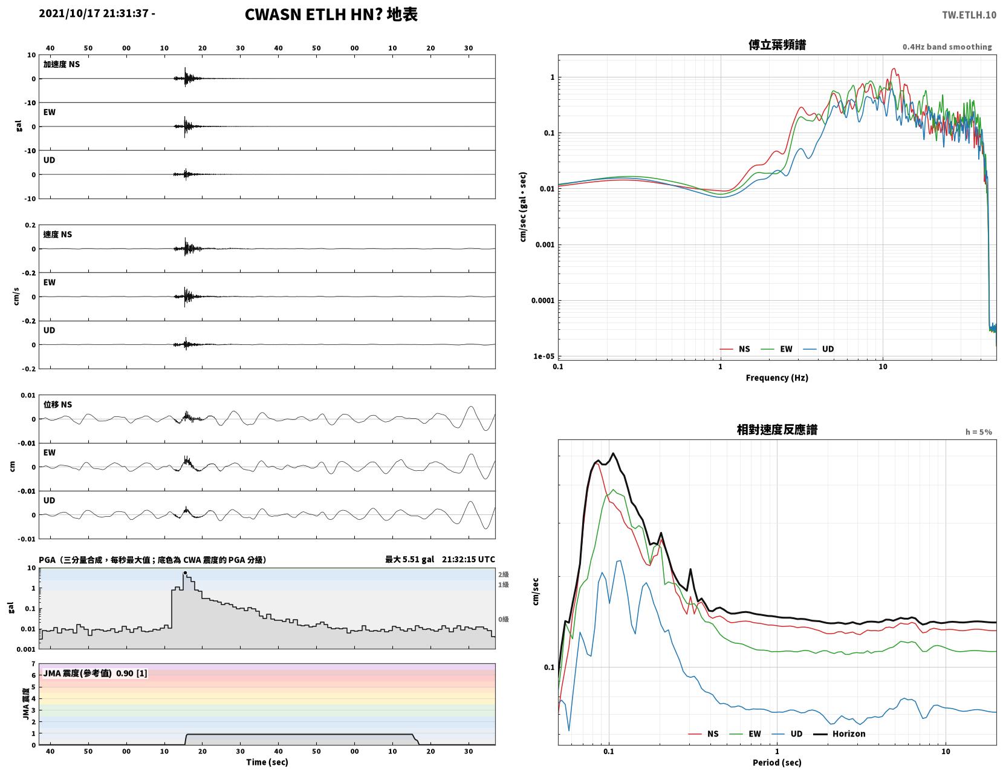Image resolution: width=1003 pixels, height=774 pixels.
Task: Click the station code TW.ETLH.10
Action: tap(969, 15)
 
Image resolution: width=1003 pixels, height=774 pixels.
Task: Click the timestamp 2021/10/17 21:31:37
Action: tap(94, 13)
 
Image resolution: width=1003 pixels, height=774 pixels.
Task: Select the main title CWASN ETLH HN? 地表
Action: tap(331, 15)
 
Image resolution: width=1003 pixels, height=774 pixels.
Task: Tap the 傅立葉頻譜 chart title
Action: tap(777, 45)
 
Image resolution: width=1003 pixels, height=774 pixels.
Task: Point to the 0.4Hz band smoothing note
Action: tap(947, 47)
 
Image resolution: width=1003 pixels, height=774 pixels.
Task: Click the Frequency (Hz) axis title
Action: tap(777, 378)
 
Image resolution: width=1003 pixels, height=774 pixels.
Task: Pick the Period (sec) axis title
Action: tap(777, 763)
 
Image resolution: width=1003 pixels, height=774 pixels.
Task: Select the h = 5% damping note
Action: tap(979, 432)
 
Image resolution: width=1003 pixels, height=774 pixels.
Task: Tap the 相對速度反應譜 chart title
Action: tap(777, 430)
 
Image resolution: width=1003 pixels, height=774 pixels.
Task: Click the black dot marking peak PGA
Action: tap(185, 573)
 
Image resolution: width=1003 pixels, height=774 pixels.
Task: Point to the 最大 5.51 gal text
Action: tap(409, 559)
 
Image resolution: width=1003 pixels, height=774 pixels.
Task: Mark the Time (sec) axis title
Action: tap(267, 762)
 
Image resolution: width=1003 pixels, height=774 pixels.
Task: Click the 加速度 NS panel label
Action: tap(62, 64)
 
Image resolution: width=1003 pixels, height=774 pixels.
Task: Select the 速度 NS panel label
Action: tap(57, 235)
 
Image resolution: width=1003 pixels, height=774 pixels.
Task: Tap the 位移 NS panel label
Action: tap(57, 404)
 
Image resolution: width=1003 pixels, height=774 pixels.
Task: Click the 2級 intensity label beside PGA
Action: tap(503, 574)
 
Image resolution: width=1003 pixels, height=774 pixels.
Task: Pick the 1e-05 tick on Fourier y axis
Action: tap(544, 356)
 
